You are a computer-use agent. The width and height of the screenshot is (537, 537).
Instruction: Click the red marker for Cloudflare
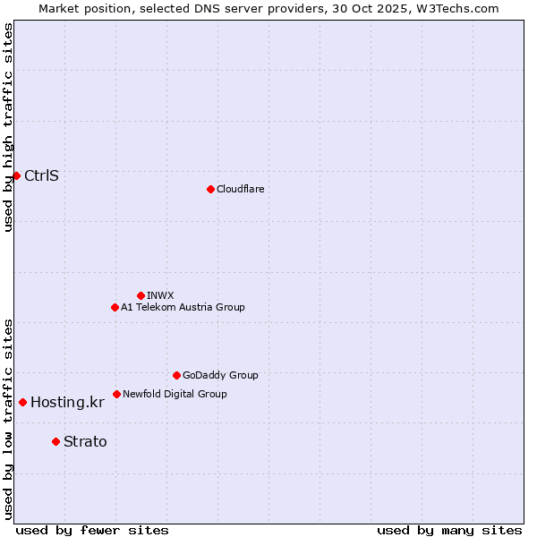(210, 189)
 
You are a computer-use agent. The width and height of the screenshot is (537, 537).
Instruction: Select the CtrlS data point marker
(16, 175)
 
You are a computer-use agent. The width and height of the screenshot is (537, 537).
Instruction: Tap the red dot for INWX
(141, 295)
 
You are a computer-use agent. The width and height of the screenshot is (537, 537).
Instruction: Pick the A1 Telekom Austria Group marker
(115, 307)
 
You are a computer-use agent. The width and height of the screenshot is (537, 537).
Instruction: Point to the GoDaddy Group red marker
(176, 375)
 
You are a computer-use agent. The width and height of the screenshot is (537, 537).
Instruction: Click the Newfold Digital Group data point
(116, 394)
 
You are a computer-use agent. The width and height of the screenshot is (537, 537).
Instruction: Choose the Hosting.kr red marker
(22, 402)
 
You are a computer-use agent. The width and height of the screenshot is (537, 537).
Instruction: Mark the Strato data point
(55, 441)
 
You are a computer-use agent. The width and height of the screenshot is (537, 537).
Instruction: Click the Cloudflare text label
(240, 189)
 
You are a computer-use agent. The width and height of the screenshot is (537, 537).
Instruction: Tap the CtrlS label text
(41, 175)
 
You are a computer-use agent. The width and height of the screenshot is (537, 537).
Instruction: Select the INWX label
(160, 295)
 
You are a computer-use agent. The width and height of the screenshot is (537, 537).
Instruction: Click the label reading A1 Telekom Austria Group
(183, 307)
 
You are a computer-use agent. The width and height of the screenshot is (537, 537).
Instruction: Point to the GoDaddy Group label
(220, 375)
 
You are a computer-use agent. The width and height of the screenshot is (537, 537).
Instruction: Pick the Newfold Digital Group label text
(175, 394)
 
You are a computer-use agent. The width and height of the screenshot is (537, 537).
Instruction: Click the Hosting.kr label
(67, 402)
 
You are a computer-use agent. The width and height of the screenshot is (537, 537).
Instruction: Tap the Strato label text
(85, 441)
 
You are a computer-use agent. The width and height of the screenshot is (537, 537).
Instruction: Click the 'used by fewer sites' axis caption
(92, 530)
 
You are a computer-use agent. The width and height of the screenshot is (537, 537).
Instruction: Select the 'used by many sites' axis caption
(449, 530)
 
